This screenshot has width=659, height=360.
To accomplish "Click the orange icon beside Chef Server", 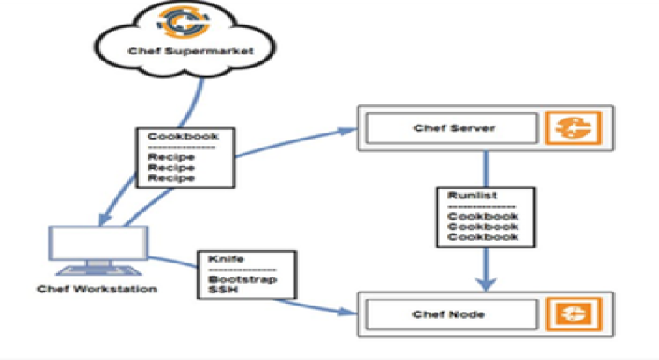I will point(568,128).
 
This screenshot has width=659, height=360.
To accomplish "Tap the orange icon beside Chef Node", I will point(568,313).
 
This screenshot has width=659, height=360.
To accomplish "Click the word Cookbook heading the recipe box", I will point(172,138).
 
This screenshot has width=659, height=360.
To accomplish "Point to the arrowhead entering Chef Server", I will point(344,133).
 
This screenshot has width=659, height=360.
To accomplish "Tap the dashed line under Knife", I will point(242,270).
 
